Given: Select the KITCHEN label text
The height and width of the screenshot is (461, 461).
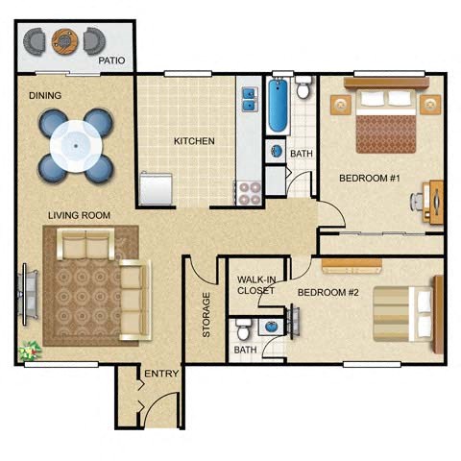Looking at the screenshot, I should [x=194, y=141].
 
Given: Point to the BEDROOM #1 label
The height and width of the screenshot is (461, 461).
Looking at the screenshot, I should [x=369, y=179].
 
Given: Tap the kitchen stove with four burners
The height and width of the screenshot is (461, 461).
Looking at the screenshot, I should [x=249, y=192].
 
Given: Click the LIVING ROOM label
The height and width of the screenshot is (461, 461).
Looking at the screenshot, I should [x=80, y=214].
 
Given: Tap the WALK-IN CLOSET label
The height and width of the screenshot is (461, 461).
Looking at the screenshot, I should [x=256, y=285].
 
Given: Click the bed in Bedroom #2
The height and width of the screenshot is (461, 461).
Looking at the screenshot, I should [x=403, y=316].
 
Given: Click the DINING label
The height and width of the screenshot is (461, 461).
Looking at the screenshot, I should [x=45, y=95].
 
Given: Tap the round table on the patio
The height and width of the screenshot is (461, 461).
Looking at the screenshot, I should [x=64, y=40].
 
